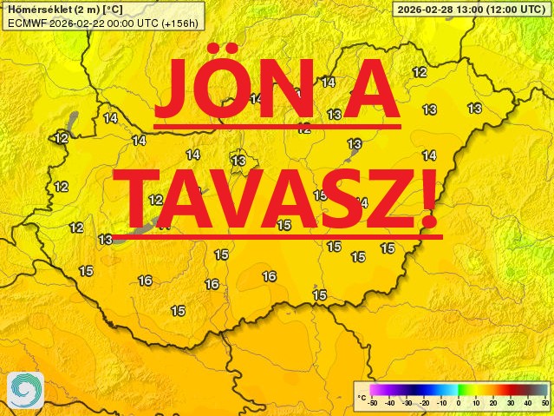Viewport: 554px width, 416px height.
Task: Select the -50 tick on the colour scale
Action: [373, 404]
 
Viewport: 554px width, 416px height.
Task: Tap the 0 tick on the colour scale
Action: [459, 404]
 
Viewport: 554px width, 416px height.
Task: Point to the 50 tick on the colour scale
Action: [544, 404]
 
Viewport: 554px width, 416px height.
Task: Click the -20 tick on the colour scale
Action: [425, 404]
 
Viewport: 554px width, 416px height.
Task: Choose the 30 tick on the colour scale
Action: [511, 404]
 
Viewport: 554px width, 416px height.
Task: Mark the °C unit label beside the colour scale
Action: [362, 398]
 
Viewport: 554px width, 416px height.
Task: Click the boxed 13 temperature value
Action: [238, 161]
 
